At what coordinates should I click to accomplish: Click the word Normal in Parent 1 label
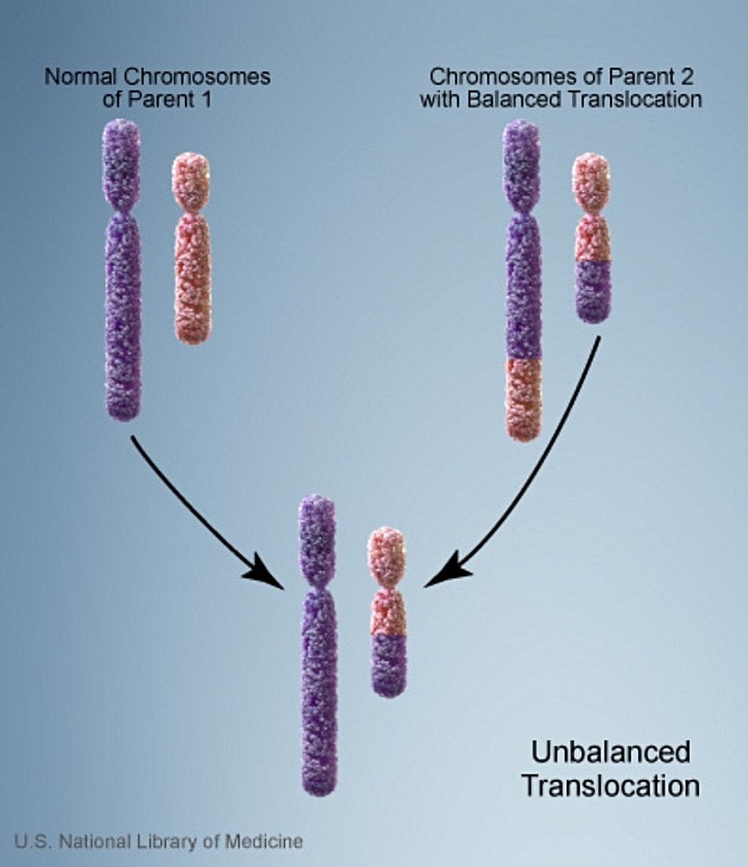(x=75, y=77)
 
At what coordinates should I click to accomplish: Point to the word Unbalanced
(x=610, y=752)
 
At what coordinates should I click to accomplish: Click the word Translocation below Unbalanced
(x=610, y=785)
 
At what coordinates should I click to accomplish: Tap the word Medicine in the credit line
(x=264, y=842)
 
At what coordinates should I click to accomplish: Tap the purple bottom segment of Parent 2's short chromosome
(x=593, y=290)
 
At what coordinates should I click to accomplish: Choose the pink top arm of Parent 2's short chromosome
(x=590, y=181)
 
